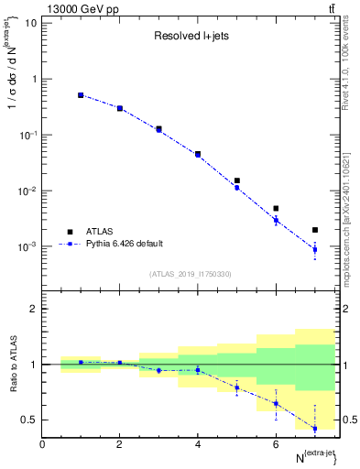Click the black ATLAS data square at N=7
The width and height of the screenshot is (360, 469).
315,230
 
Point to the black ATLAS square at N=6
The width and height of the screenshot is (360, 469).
276,209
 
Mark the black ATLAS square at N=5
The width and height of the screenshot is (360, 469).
237,181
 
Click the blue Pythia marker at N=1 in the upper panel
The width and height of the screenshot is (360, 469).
81,95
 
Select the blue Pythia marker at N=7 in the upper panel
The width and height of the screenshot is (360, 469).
315,249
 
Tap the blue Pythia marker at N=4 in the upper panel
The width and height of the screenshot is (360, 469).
198,155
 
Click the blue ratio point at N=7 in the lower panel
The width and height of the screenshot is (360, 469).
315,428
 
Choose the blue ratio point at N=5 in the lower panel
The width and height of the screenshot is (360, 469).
237,387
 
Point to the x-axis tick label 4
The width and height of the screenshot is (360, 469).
198,444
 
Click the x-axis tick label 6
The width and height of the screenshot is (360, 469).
276,444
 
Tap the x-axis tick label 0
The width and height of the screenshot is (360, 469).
42,444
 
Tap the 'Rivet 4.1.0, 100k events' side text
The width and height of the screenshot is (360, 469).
351,64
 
